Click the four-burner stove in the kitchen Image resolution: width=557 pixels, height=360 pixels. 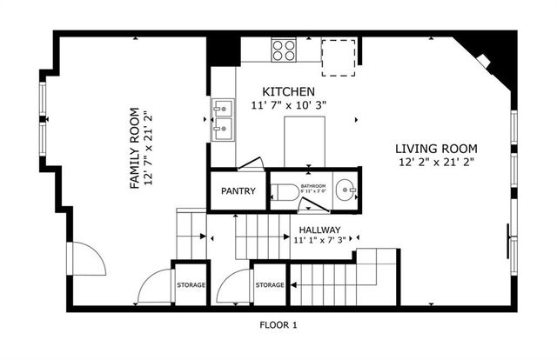284,49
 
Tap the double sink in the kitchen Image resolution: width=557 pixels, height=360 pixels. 223,120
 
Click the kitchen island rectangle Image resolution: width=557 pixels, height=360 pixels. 305,139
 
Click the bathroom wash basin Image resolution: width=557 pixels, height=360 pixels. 346,188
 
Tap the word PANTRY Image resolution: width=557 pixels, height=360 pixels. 238,191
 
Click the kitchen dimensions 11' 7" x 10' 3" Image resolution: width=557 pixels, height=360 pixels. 288,105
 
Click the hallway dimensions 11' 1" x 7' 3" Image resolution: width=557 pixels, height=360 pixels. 319,240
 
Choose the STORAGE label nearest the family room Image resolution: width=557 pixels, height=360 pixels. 191,285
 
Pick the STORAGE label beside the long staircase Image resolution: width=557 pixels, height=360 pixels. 270,285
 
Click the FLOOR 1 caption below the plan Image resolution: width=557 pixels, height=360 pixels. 278,325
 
